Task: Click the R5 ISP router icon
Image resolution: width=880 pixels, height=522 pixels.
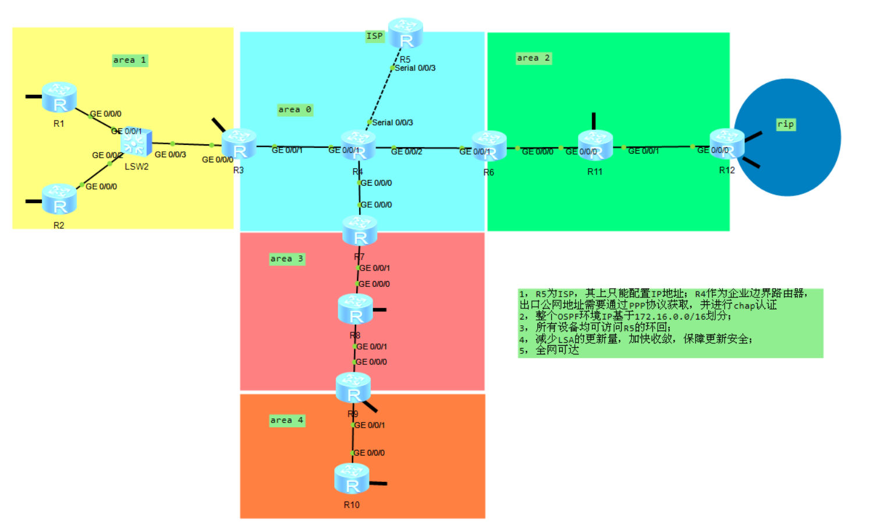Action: click(x=406, y=33)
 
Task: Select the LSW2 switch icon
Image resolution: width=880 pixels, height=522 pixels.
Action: click(x=136, y=141)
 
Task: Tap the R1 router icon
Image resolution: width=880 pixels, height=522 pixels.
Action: click(x=59, y=97)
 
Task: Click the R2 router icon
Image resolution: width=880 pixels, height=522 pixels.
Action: click(x=59, y=199)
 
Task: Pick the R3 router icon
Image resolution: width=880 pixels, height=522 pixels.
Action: click(x=239, y=144)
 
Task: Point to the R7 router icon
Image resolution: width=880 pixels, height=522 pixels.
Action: click(x=360, y=230)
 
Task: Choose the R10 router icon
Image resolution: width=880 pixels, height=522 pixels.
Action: click(x=352, y=478)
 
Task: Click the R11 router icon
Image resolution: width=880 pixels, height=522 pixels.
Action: click(x=595, y=145)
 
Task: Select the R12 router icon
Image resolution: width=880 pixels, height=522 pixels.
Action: click(x=727, y=144)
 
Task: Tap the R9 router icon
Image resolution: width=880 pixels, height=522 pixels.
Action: click(x=353, y=388)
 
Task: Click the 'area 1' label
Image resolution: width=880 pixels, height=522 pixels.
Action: click(x=130, y=60)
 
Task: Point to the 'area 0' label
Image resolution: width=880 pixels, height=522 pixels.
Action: click(x=294, y=109)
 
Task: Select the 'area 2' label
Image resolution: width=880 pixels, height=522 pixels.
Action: click(x=533, y=58)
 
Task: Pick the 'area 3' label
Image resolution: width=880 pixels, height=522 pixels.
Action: click(x=286, y=258)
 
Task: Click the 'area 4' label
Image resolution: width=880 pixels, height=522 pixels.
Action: click(x=286, y=420)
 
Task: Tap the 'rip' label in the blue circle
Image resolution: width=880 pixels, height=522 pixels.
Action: click(x=785, y=124)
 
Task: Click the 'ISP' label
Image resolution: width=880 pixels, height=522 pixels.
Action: click(x=374, y=36)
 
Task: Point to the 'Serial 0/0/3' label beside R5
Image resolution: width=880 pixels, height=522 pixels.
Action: click(x=415, y=68)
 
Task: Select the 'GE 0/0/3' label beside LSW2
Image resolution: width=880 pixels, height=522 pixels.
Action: click(x=170, y=154)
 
